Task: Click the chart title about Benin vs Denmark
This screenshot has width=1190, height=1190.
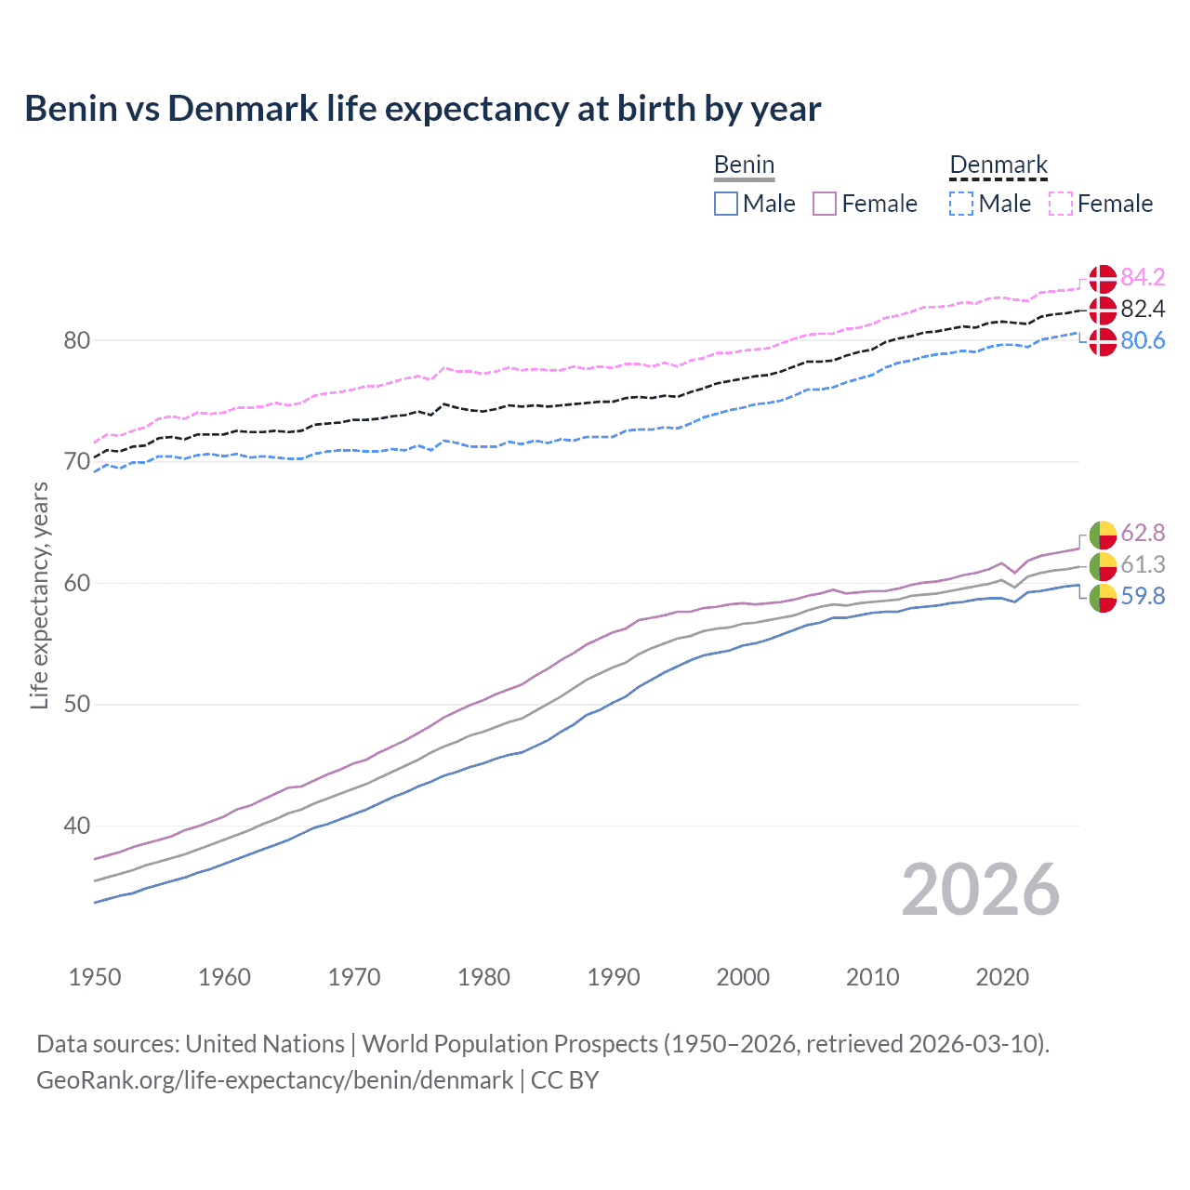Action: (x=423, y=109)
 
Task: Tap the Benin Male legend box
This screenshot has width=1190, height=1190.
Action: (x=726, y=204)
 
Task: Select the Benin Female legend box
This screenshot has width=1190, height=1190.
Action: (x=826, y=204)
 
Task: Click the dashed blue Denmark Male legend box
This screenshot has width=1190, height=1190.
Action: (x=961, y=204)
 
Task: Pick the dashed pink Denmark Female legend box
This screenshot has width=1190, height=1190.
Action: (x=1061, y=204)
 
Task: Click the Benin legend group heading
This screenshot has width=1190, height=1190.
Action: (x=744, y=165)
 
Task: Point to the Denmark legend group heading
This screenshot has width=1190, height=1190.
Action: (x=998, y=165)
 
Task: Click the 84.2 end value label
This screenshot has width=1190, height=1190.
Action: (x=1143, y=277)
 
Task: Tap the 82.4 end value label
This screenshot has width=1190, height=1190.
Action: (x=1143, y=309)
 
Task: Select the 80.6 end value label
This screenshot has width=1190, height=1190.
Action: (x=1143, y=340)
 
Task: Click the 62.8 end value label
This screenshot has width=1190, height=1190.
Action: (x=1143, y=533)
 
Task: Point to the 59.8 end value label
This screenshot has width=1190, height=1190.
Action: (x=1143, y=596)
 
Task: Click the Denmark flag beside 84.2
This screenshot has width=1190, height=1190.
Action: (x=1103, y=278)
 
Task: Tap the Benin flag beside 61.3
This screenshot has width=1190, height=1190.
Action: (x=1103, y=565)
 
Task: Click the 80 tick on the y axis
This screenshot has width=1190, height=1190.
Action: (x=77, y=340)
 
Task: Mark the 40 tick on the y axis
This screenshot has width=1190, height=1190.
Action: (x=77, y=826)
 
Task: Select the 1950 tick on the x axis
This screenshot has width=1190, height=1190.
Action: (x=95, y=977)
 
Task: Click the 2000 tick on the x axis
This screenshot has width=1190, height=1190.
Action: (x=743, y=977)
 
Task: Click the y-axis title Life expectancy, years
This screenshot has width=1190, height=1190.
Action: (x=39, y=595)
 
